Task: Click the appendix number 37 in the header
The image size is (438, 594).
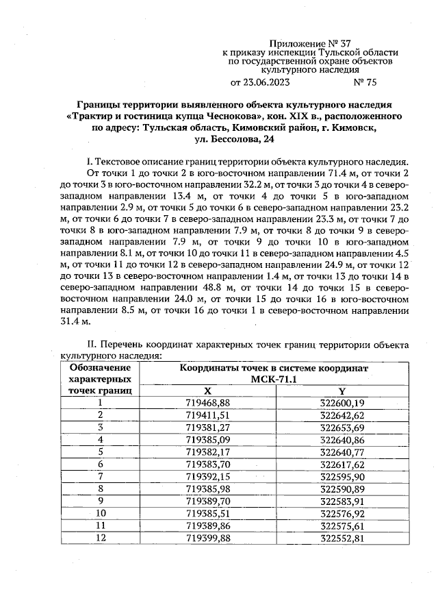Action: point(350,42)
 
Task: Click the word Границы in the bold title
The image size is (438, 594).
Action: point(99,106)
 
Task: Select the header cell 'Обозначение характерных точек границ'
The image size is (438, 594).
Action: point(101,378)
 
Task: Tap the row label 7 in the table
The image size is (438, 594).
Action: point(101,475)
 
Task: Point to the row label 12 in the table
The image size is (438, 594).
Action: point(101,536)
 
